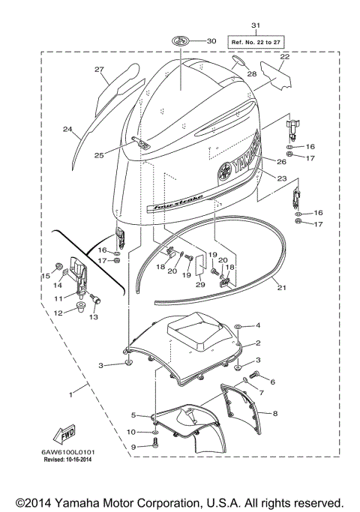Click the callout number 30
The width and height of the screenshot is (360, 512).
pos(211,40)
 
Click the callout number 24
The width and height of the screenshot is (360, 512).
pos(67,130)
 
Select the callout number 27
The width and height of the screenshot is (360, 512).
pos(98,69)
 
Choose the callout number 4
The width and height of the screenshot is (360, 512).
pos(257,326)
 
